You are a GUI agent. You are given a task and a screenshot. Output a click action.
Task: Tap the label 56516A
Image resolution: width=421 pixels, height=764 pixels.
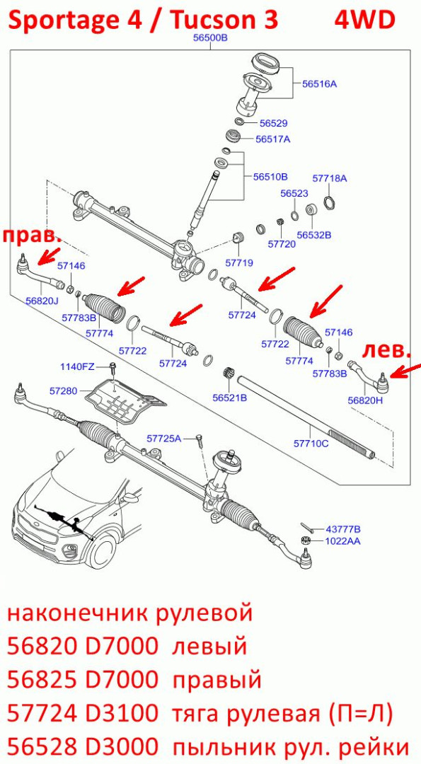coord(319,83)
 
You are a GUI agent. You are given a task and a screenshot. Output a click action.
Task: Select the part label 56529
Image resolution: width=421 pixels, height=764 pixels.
coord(273,123)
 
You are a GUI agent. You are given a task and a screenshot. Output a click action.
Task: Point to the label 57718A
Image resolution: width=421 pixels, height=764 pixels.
coord(330,178)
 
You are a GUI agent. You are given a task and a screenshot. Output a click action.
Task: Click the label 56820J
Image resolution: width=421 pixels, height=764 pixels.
coord(42,301)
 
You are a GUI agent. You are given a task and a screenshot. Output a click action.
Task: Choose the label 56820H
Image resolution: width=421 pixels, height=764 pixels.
coord(365,400)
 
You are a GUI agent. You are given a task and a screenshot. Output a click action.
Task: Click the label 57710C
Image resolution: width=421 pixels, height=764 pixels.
coord(311,444)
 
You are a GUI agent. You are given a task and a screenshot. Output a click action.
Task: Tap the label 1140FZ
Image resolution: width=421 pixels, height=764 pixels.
coord(77,366)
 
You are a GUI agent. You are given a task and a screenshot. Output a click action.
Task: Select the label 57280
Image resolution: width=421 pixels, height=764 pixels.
coord(64,390)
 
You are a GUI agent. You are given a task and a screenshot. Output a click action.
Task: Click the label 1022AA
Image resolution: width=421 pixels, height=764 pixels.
coord(343,541)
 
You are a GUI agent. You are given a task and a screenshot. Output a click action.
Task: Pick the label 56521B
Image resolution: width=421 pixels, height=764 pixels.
coord(229,398)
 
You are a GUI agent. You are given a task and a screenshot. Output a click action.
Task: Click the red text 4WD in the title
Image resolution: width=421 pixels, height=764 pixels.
coord(364,21)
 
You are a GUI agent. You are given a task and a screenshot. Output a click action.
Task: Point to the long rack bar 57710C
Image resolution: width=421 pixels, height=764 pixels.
coord(306,416)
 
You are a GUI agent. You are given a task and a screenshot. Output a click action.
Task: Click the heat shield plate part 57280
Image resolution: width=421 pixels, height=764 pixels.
coord(125,402)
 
